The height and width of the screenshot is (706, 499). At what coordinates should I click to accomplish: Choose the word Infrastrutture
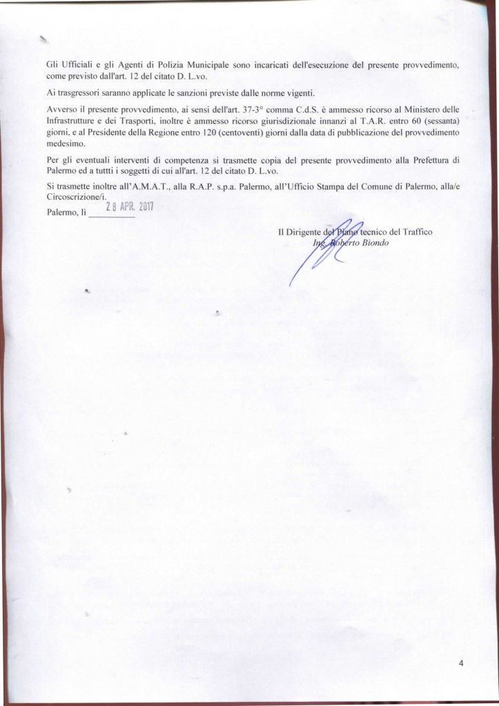coord(75,121)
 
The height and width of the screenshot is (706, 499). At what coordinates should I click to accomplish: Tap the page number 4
coord(460,663)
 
